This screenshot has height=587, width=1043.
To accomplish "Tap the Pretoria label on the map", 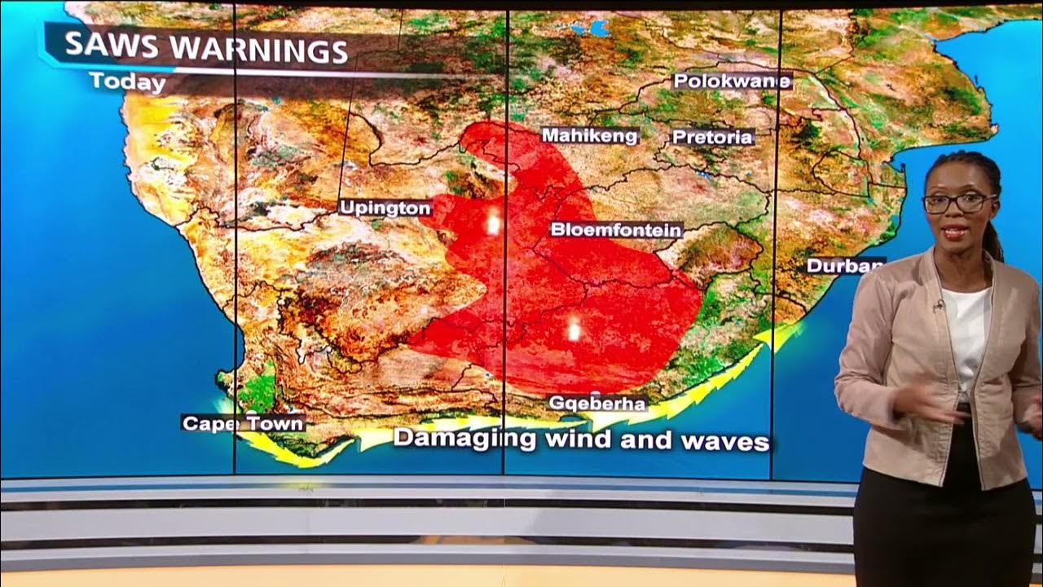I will point(712,137).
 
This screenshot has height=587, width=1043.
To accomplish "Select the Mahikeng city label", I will point(590,135).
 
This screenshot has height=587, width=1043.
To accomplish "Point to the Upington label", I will point(385,208).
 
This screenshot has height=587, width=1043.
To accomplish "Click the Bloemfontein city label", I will point(615,230).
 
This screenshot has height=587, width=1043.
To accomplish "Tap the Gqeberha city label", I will point(597,403).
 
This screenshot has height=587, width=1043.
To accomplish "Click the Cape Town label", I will point(243,423).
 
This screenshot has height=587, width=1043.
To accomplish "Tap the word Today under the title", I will point(127,82).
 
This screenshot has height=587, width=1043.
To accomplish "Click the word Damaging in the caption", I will point(465,439).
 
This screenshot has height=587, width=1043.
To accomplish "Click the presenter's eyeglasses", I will point(958,202).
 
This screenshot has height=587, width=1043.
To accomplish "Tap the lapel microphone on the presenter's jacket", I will point(940,305).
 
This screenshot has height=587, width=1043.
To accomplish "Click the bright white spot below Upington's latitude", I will point(492,223).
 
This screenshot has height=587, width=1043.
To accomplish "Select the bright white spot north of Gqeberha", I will point(574,329).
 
